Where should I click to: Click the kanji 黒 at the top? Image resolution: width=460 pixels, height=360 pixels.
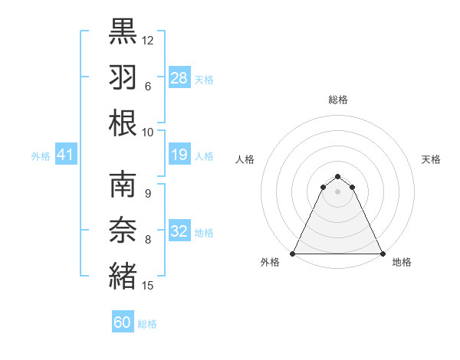(123, 31)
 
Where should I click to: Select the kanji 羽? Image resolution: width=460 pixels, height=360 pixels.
(123, 77)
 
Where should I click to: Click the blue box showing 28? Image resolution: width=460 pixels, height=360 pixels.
(179, 77)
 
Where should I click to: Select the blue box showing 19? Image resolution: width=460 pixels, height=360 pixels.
(179, 155)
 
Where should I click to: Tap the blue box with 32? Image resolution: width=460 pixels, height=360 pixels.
(179, 232)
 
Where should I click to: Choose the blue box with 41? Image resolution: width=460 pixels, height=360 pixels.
(66, 155)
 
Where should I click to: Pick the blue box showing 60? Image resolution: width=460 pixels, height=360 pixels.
(123, 322)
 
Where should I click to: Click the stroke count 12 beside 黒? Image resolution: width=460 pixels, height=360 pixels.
(148, 40)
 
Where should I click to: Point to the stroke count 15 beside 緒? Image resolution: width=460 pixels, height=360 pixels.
(148, 286)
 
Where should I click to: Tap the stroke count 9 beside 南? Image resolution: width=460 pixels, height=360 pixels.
(148, 193)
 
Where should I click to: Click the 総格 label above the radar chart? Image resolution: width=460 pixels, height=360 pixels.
(337, 100)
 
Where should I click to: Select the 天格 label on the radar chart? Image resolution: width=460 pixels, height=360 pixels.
(432, 159)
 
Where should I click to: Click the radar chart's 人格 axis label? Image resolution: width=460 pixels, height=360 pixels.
(245, 159)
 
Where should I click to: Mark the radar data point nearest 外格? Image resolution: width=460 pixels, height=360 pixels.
(293, 253)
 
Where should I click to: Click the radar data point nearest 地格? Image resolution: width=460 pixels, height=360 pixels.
(383, 253)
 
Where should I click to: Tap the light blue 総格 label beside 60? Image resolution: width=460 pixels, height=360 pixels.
(147, 324)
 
